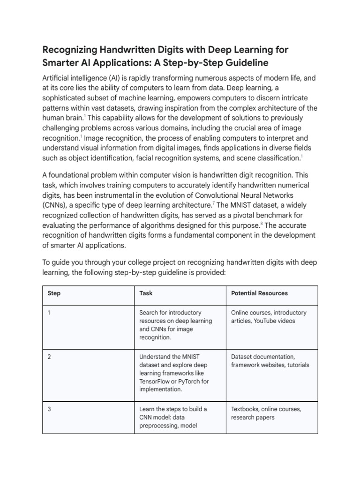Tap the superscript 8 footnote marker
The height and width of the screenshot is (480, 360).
click(262, 223)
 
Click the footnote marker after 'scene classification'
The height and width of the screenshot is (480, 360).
click(301, 156)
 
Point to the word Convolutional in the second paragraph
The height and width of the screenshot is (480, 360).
click(224, 195)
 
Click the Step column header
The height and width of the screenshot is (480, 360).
click(54, 293)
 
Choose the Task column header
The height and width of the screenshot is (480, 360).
click(146, 293)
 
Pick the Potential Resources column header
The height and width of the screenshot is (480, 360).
click(260, 293)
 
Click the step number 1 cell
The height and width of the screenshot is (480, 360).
click(49, 313)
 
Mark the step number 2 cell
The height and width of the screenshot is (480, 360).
click(49, 357)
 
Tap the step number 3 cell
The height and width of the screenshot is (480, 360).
click(49, 409)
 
